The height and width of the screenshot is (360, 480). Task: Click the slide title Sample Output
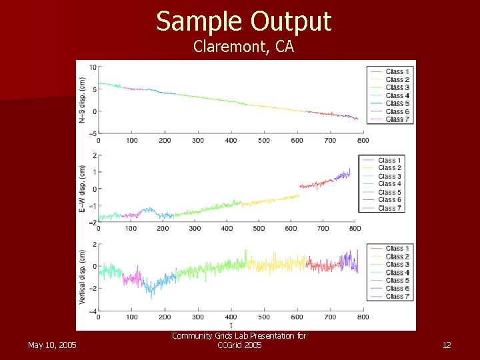click(x=243, y=21)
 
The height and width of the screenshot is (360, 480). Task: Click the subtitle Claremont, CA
click(x=243, y=47)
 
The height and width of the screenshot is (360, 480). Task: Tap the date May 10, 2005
click(x=52, y=345)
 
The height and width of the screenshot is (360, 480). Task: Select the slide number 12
click(x=447, y=345)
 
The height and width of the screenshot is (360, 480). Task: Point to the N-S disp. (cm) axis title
click(x=83, y=100)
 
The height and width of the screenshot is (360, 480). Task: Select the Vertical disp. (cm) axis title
click(x=83, y=277)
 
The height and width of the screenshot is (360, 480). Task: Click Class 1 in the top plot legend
click(x=397, y=71)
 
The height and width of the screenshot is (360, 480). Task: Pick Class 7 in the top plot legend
click(x=397, y=119)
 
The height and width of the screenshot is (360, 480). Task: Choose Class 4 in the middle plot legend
click(x=389, y=184)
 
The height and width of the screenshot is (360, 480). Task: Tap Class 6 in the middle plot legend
click(x=389, y=200)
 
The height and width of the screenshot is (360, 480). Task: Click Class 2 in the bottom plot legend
click(x=397, y=257)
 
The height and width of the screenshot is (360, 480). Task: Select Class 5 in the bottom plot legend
click(x=397, y=281)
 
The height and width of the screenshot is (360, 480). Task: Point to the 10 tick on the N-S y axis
click(x=93, y=67)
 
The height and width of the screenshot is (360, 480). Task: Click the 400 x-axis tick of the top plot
click(x=231, y=141)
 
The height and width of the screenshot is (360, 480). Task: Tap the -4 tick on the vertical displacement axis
click(x=93, y=311)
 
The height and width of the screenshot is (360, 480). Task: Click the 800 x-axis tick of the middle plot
click(x=355, y=229)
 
